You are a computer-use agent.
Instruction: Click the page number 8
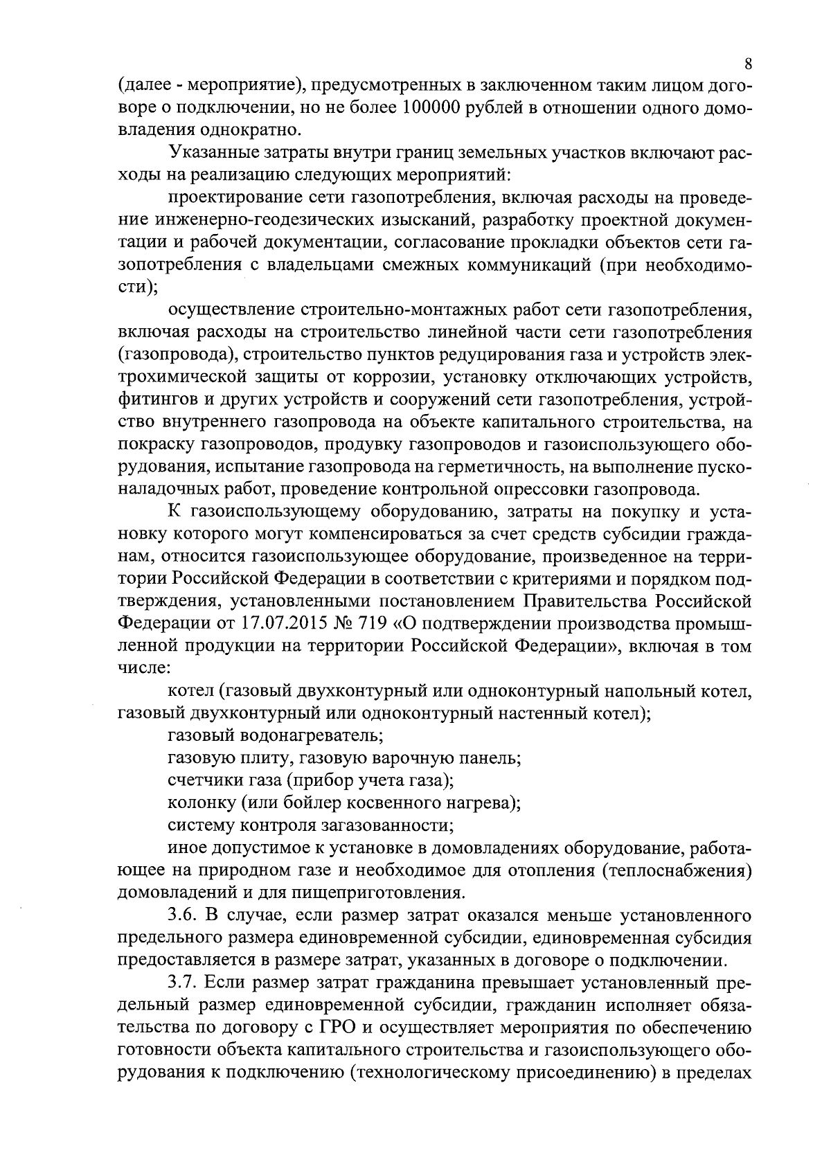click(x=748, y=64)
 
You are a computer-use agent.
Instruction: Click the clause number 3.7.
click(x=183, y=983)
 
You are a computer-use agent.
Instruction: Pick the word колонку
click(x=201, y=802)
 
